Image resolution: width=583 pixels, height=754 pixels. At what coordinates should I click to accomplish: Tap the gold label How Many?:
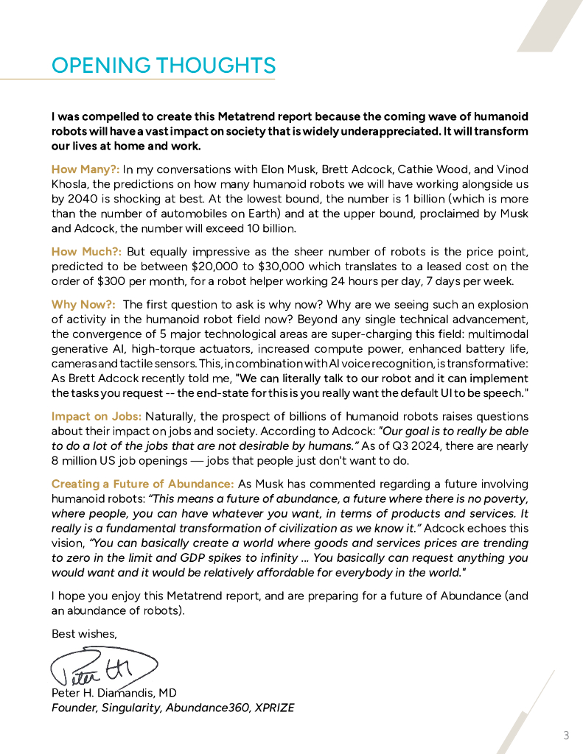pos(85,169)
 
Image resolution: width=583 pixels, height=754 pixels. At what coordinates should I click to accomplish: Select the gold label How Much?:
pos(86,252)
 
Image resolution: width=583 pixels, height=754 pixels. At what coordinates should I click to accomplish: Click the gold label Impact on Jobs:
pos(97,417)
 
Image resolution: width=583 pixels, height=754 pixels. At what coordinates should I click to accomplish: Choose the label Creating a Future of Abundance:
pos(142,484)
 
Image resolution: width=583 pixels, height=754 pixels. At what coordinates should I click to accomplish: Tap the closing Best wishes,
pos(84,633)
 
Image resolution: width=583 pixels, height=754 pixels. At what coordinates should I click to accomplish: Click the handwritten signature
pos(103,666)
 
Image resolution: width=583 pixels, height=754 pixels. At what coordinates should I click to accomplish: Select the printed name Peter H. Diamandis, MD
pos(114,694)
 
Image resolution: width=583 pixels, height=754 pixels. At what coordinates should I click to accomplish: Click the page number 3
pos(566,735)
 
